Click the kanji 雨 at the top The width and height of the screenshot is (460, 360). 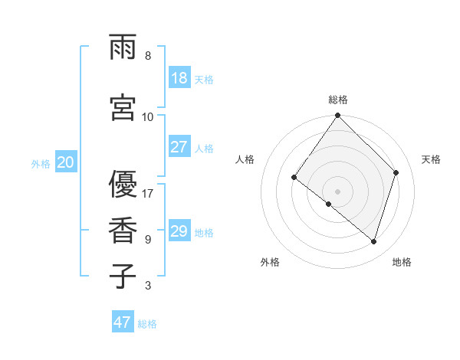pos(123,47)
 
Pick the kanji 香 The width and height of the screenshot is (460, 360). pos(123,231)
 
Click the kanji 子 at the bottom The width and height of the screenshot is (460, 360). pos(123,276)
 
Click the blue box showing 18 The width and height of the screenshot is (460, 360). pos(179,79)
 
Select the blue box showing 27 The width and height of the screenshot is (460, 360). pos(179,147)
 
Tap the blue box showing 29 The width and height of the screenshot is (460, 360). pos(179,231)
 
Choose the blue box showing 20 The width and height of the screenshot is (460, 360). pos(66,162)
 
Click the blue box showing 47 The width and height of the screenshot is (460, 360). pos(123,322)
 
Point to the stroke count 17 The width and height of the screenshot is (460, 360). pos(148,193)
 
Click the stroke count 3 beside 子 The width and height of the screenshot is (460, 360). pos(148,286)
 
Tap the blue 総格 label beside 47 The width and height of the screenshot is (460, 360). pos(148,324)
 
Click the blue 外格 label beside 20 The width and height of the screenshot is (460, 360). pos(41,164)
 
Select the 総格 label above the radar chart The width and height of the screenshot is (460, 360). pos(338,100)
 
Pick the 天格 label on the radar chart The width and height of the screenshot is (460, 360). pos(432,159)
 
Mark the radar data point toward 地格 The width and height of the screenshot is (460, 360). pos(373,242)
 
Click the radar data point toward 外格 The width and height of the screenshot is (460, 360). pos(329,204)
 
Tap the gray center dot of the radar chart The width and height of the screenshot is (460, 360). pos(337,191)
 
